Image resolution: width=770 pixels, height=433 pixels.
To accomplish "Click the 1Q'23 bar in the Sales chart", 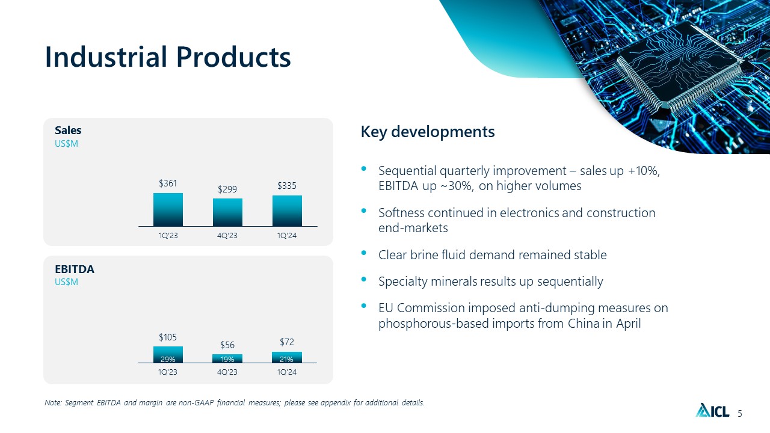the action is (x=168, y=210).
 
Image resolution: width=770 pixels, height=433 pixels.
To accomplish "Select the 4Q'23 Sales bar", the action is (x=227, y=212).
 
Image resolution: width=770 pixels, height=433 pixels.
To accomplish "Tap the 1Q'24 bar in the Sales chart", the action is (x=287, y=211).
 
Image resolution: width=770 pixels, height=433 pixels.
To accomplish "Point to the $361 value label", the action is (x=168, y=183).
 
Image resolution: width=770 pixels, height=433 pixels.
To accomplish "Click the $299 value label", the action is (x=227, y=189).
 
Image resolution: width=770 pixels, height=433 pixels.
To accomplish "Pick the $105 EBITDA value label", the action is (x=168, y=337).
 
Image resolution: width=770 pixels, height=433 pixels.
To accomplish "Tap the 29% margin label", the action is (x=168, y=359).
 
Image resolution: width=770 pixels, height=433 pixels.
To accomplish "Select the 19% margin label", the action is (x=227, y=359).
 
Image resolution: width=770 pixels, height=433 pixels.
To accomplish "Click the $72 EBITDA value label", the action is (x=287, y=342).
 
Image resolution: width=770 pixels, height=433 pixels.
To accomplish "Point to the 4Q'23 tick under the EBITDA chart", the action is (x=227, y=372).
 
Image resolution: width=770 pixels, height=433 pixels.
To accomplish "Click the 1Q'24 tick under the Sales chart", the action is (x=287, y=235).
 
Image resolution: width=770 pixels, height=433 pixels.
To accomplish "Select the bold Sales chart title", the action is (x=68, y=131).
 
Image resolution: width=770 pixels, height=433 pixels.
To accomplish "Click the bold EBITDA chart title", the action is (x=74, y=269).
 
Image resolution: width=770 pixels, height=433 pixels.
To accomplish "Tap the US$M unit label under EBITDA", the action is (x=66, y=282).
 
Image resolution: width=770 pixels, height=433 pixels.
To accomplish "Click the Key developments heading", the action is (x=428, y=132).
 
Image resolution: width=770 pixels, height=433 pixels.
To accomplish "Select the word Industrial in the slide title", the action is (x=106, y=57).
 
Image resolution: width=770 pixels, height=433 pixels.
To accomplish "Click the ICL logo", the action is (x=712, y=410).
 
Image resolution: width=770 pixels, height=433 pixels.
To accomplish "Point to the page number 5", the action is (x=740, y=413).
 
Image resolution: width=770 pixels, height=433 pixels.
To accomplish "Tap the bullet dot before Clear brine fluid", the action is (x=364, y=253).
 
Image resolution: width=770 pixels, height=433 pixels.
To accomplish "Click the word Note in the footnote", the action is (x=53, y=402).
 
